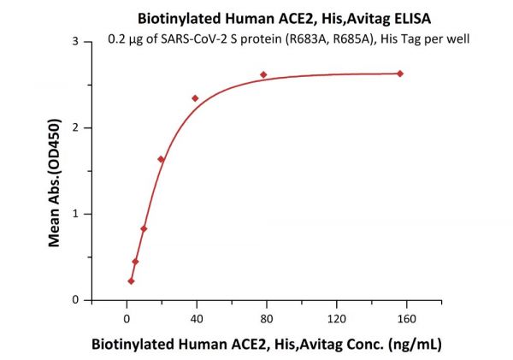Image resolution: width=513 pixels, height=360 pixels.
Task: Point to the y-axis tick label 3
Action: coord(76,42)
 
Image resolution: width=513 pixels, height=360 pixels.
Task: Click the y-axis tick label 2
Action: coord(76,128)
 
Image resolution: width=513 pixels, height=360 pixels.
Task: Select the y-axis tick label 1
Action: coord(76,214)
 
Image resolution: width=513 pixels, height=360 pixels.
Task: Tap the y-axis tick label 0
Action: coord(76,300)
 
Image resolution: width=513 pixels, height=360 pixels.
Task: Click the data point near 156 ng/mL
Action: coord(400,74)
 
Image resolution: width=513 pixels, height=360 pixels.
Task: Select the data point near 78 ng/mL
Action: coord(263,75)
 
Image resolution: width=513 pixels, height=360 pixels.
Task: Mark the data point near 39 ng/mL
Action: coord(195,98)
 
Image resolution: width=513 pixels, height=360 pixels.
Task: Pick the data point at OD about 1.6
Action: coord(161,159)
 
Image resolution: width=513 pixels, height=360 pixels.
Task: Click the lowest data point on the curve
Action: coord(131,280)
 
